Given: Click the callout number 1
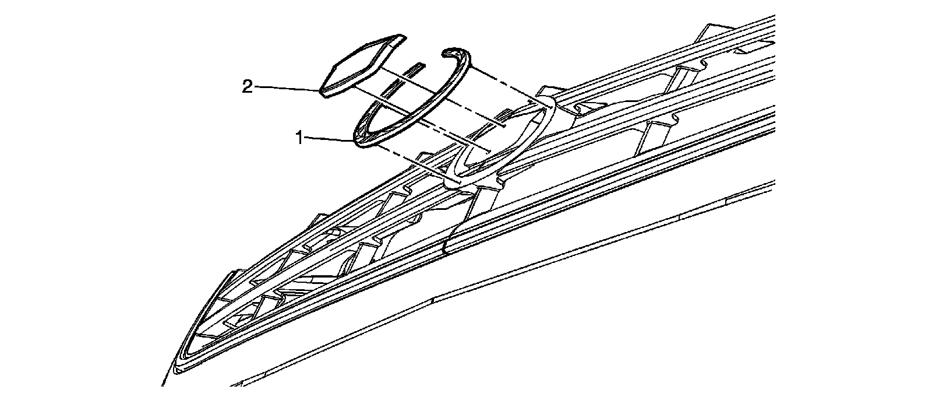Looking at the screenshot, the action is (298, 138).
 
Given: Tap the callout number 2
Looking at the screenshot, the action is (247, 87).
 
